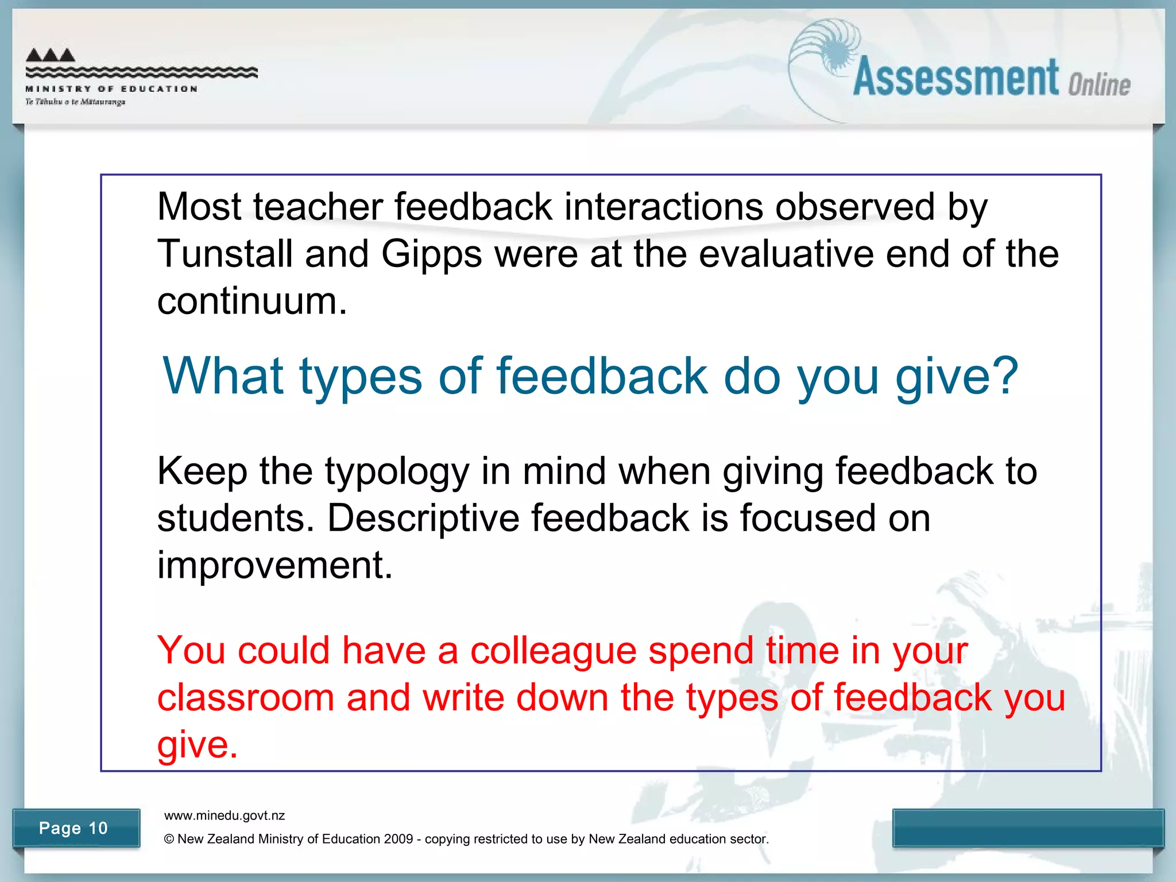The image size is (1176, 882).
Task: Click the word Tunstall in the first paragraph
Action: click(x=225, y=254)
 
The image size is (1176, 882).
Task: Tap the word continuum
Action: click(x=252, y=301)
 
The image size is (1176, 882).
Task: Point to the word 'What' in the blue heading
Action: click(x=223, y=376)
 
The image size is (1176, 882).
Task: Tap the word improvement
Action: click(x=274, y=566)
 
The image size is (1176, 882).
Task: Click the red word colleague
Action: click(x=553, y=652)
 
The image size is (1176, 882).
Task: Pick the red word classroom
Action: click(x=245, y=698)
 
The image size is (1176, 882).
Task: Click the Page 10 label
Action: click(x=73, y=828)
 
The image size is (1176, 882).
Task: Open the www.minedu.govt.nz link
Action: click(x=225, y=815)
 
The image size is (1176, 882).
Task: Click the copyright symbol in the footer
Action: click(x=169, y=839)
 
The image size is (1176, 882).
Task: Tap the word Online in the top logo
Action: click(x=1098, y=85)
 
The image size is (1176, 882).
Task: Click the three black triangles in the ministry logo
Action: click(x=51, y=55)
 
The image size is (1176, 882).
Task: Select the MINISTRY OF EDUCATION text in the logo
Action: click(x=111, y=89)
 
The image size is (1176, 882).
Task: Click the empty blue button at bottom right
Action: click(x=1028, y=828)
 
